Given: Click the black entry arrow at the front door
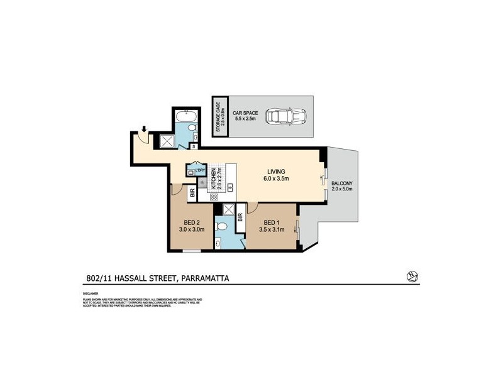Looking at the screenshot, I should click(144, 130).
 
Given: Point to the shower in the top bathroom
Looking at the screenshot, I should click(168, 141).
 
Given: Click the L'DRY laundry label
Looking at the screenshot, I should click(201, 170).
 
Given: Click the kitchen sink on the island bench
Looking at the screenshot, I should click(231, 186).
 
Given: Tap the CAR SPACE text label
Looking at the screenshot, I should click(246, 113).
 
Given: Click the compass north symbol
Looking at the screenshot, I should click(412, 276).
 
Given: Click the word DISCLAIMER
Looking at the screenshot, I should click(91, 293).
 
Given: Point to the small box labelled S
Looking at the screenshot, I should click(194, 146).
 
